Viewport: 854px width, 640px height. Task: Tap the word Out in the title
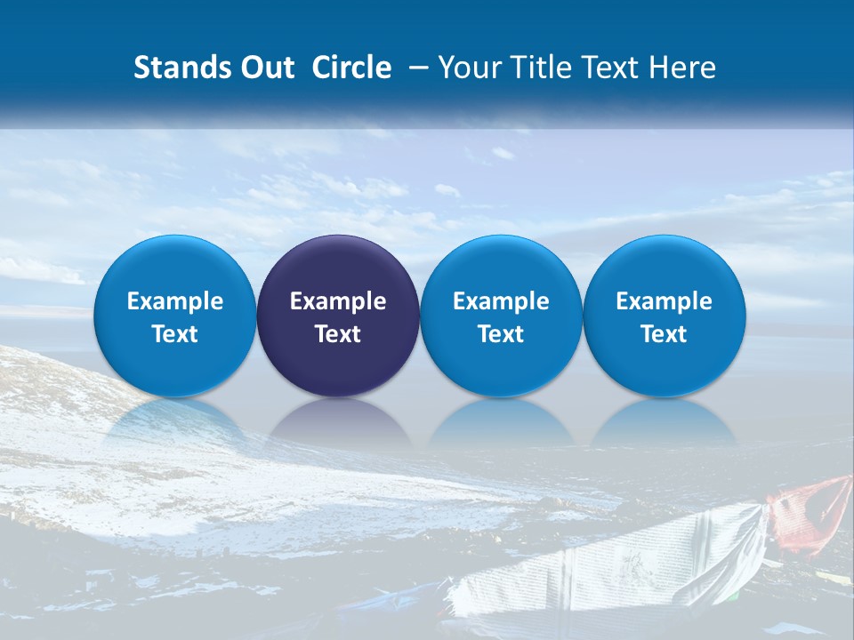262,68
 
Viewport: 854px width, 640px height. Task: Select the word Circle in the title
351,68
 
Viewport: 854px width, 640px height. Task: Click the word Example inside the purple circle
338,301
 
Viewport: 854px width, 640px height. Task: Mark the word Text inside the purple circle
338,334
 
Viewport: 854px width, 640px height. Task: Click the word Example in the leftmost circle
174,301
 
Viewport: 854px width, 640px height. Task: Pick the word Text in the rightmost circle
665,334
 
